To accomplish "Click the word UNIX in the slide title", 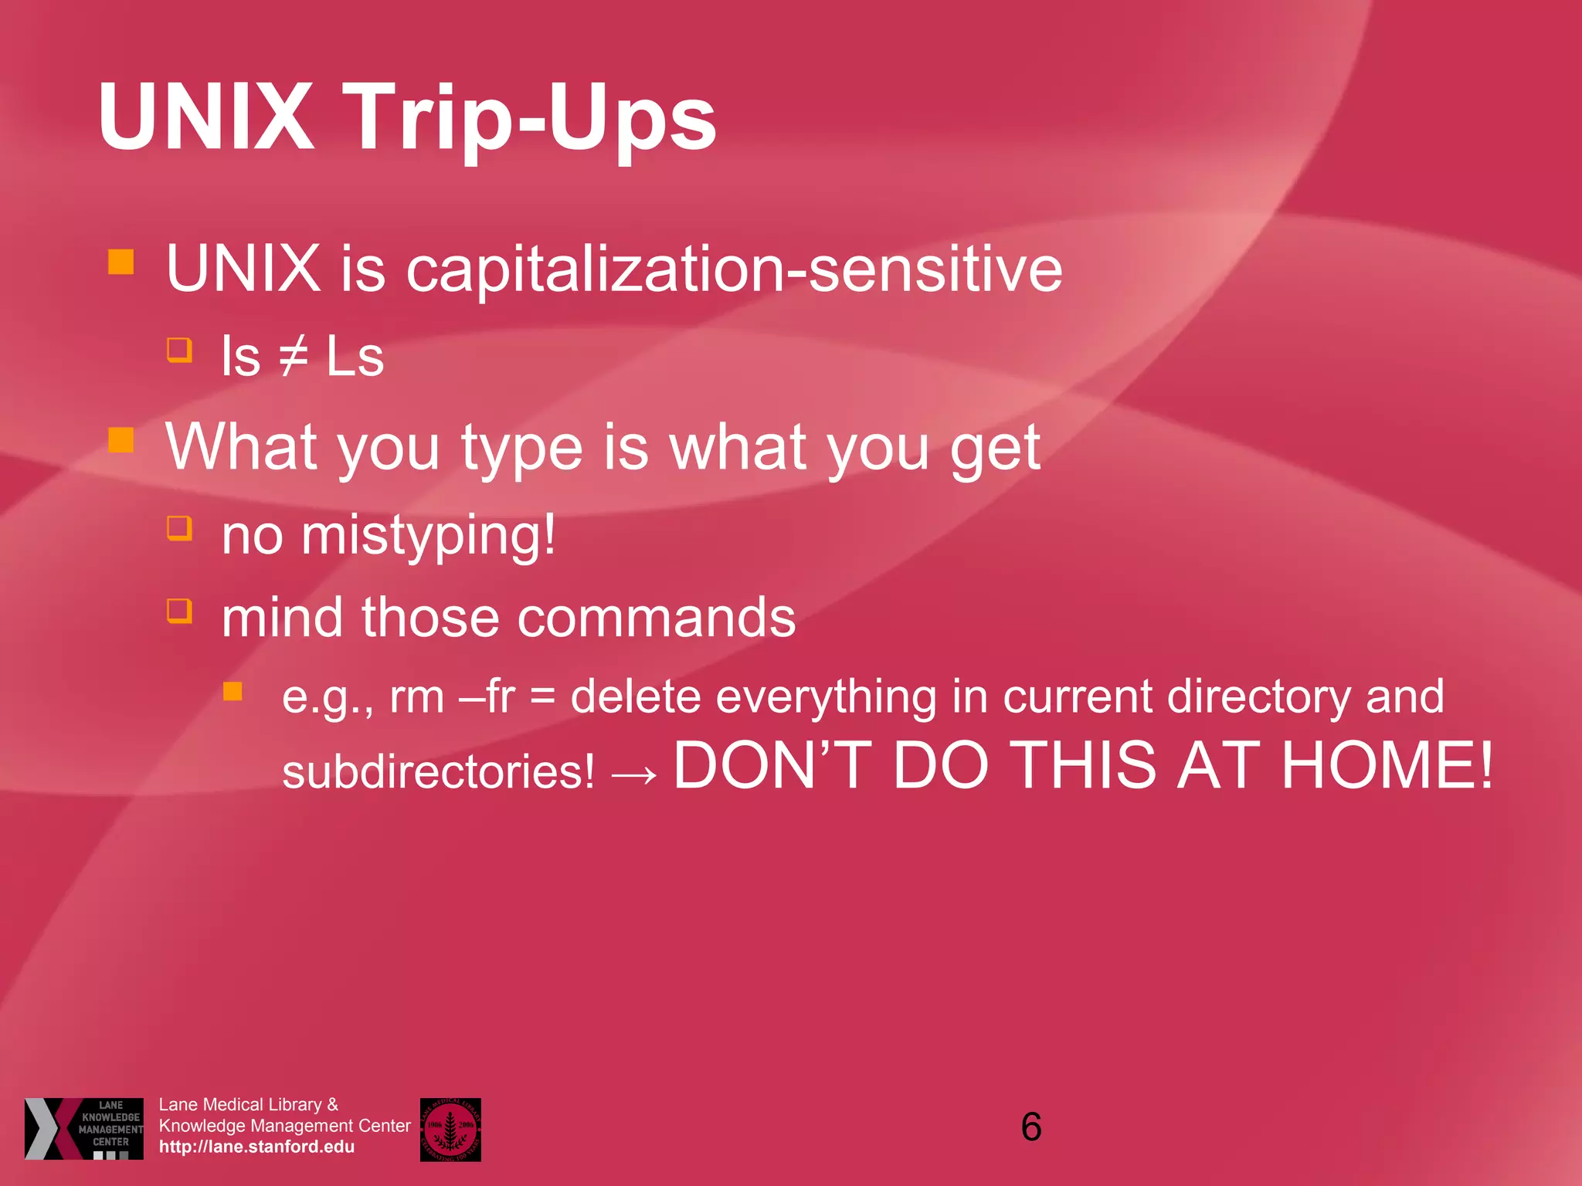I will [205, 117].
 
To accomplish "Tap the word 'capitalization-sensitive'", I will [734, 269].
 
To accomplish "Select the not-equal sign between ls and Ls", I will [294, 357].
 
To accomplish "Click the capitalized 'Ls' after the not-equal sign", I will [355, 357].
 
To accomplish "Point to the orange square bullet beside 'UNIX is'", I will [121, 262].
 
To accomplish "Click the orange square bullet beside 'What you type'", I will [121, 440].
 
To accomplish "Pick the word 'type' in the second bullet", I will [522, 449].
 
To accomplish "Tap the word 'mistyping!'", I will [428, 536].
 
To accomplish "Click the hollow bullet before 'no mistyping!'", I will [179, 528].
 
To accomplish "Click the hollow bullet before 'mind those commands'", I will [179, 611].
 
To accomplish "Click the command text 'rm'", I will [416, 697].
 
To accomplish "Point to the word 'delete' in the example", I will [635, 696].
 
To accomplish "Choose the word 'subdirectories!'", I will [438, 772].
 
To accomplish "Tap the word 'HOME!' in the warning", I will [1387, 766].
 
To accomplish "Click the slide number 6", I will [1031, 1127].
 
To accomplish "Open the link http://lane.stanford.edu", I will [256, 1147].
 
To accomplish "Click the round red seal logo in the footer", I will [450, 1130].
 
